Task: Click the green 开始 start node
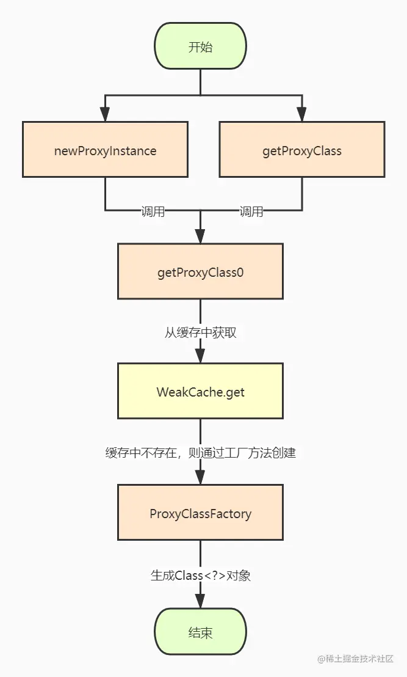click(201, 46)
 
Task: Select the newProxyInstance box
click(105, 149)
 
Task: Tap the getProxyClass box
click(302, 149)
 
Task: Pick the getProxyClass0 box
click(201, 271)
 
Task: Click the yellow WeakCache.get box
click(201, 391)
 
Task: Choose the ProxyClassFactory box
click(201, 513)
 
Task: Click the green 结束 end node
click(201, 632)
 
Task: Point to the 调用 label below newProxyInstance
click(153, 211)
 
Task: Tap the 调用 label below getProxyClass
click(251, 211)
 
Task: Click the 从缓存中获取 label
click(201, 332)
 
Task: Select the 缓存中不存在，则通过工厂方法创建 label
click(201, 453)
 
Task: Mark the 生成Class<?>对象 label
click(201, 575)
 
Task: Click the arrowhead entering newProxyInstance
click(105, 114)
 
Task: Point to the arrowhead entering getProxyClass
click(302, 114)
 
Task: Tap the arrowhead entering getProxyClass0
click(201, 236)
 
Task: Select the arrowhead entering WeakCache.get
click(201, 356)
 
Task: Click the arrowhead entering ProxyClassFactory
click(201, 477)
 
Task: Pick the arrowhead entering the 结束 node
click(201, 601)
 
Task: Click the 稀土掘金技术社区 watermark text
click(359, 659)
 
